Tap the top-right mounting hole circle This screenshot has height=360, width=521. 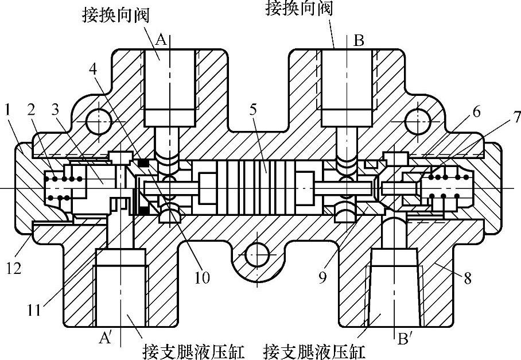coord(418,122)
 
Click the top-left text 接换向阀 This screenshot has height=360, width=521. coord(115,15)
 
